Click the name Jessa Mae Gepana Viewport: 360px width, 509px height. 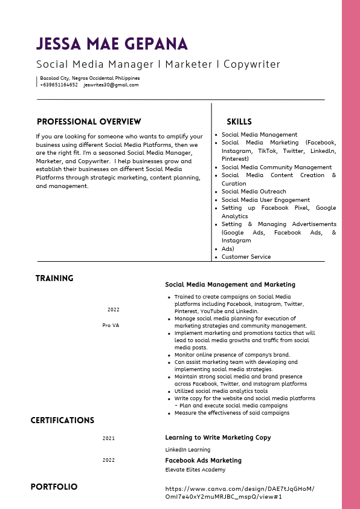112,44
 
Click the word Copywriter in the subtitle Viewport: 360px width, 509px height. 252,64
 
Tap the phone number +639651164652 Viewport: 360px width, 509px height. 59,85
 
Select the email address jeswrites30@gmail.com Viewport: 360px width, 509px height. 111,85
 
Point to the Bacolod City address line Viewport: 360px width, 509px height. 89,78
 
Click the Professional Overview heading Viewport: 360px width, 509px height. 89,122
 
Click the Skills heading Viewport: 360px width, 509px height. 239,122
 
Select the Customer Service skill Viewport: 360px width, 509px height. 246,257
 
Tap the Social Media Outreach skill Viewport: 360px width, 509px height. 254,192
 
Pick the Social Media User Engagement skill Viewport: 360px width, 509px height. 265,200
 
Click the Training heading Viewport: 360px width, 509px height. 54,279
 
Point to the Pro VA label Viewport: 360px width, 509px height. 111,325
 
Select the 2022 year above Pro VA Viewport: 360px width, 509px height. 114,310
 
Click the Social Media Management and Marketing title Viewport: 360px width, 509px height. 230,284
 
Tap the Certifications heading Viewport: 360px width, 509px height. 62,420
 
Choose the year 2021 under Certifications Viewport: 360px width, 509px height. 109,438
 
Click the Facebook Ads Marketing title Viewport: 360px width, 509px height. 203,461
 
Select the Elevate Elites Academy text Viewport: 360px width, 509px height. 195,470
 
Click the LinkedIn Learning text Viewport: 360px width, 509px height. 188,450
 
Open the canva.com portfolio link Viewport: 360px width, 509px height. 239,492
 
